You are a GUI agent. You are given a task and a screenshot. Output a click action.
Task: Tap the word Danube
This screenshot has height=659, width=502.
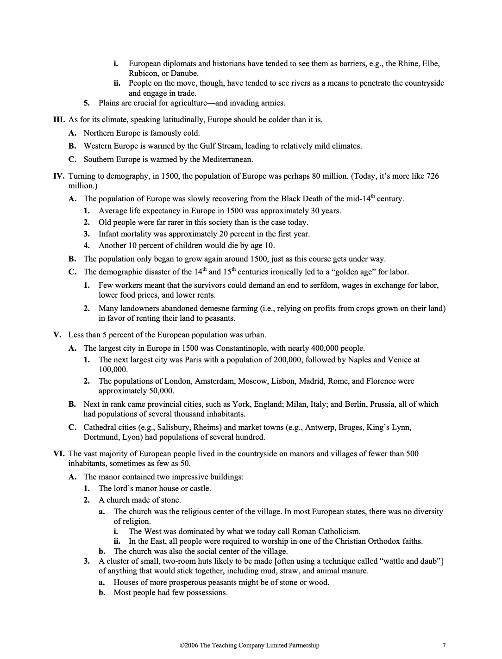point(185,73)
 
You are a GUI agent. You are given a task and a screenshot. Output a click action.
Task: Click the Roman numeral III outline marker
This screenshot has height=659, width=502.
point(59,119)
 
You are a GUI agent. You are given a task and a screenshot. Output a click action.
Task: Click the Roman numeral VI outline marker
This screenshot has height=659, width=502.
point(59,454)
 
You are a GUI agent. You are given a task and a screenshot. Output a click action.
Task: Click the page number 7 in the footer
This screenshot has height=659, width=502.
point(444,645)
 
